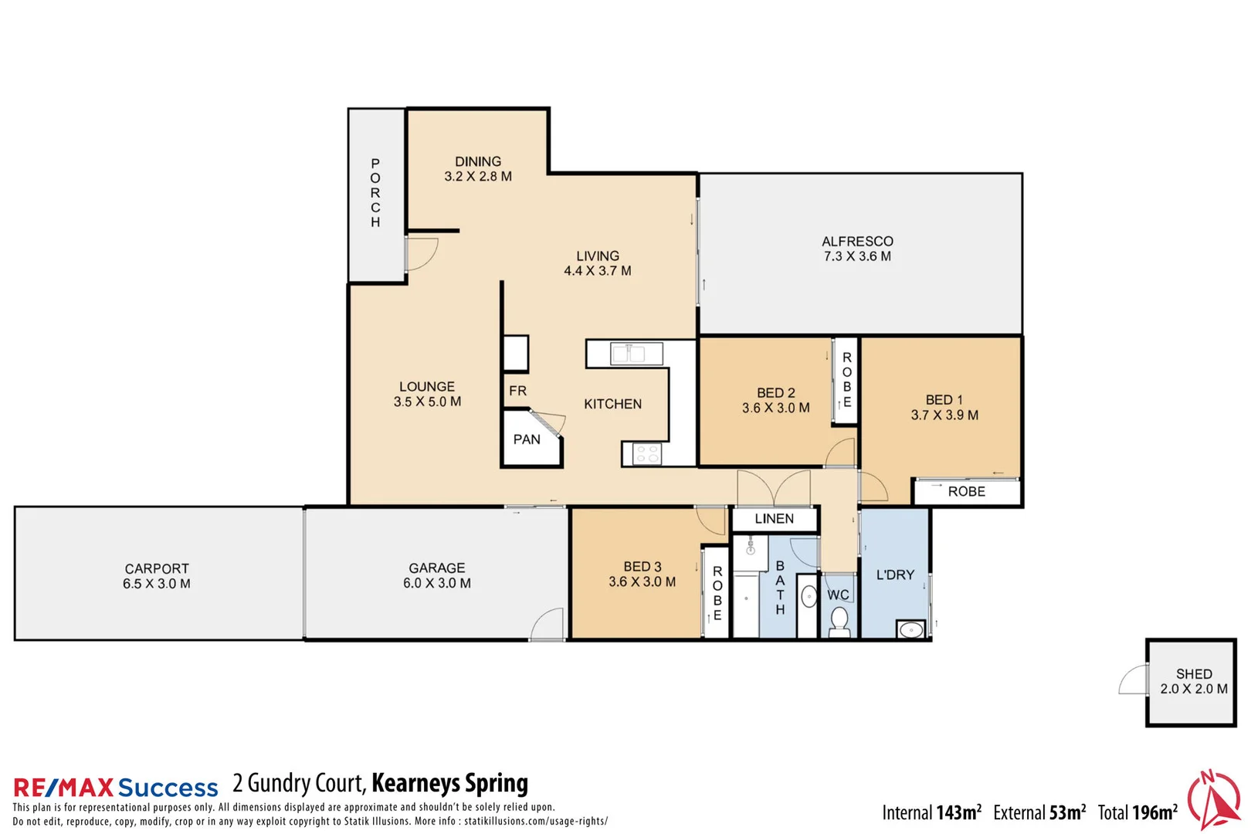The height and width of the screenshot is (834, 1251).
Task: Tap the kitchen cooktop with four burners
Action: (646, 454)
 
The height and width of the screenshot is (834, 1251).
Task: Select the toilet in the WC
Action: (839, 621)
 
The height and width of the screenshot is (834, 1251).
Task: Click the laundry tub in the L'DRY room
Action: (911, 629)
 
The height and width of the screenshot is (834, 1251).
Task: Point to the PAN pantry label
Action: (527, 439)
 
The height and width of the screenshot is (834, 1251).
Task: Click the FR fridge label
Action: (517, 391)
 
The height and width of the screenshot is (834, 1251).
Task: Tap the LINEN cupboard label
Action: (774, 519)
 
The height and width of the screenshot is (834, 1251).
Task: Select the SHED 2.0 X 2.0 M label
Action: (1193, 681)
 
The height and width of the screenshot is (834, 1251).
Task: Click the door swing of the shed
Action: (1134, 680)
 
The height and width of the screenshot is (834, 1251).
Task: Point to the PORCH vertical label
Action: (375, 193)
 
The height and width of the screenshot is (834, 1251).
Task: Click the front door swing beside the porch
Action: (421, 253)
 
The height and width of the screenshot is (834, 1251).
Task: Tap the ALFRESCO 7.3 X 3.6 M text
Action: (857, 249)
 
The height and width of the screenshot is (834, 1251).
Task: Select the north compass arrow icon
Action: (1214, 800)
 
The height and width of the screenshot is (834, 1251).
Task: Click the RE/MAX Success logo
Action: (116, 787)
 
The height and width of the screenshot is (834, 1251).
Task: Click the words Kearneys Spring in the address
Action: (449, 783)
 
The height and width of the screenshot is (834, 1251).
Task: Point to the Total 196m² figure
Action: (1137, 812)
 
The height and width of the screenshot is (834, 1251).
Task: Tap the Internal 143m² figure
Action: (931, 812)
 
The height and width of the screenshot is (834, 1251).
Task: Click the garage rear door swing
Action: (548, 625)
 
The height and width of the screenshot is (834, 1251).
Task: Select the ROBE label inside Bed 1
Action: (966, 492)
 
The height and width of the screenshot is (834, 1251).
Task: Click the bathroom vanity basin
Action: (809, 597)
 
